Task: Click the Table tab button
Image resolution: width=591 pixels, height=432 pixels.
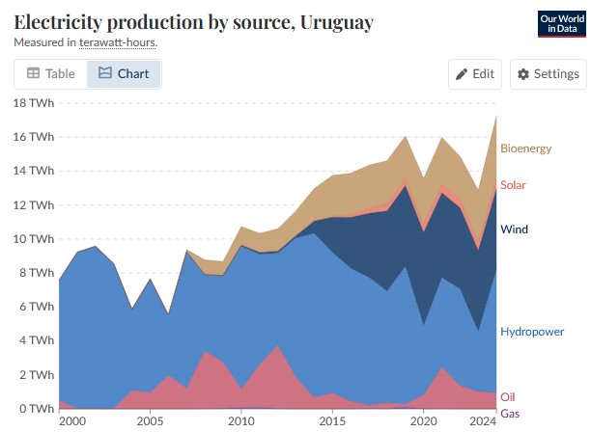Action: pos(50,73)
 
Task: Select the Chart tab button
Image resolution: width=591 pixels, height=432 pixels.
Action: pos(124,73)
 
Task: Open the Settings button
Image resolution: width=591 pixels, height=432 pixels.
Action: pos(548,74)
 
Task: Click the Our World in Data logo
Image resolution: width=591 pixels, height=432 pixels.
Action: pos(561,24)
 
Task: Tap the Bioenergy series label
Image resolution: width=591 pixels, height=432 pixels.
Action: pos(525,148)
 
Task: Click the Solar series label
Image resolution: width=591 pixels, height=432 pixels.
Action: pos(513,185)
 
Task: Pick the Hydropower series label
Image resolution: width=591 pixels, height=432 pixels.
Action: pos(531,332)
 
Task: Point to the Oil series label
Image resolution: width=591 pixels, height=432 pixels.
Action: pos(506,397)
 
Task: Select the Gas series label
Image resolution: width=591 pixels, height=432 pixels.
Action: pos(508,413)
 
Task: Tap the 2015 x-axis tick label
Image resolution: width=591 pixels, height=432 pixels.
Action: pos(331,421)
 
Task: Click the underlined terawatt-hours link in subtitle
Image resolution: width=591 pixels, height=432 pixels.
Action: pos(118,42)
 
